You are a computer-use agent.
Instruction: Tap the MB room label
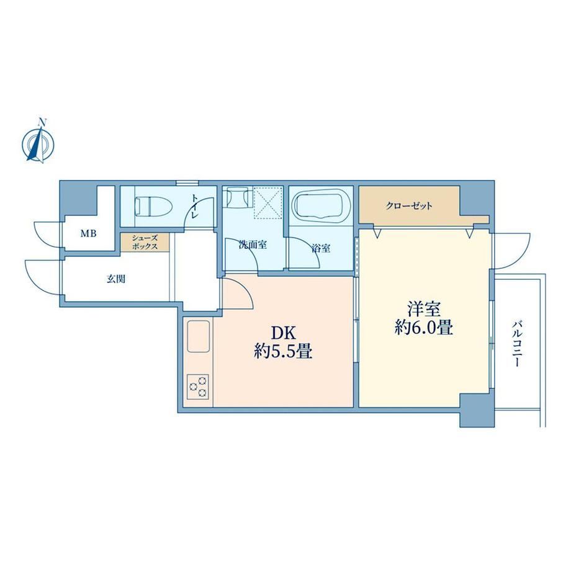(89, 233)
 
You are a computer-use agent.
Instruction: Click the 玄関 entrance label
(116, 279)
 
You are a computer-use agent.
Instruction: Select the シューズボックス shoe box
(145, 242)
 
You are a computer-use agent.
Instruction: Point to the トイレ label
(195, 206)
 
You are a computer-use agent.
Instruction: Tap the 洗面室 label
(253, 245)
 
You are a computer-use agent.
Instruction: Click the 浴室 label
(321, 248)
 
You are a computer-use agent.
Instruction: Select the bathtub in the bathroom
(321, 205)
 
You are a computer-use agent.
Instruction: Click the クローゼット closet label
(409, 206)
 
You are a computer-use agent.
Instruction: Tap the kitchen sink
(199, 336)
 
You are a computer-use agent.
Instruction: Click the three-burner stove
(198, 387)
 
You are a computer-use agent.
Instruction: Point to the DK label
(283, 333)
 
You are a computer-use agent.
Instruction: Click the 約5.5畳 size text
(283, 352)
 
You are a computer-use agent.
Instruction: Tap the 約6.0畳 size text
(424, 328)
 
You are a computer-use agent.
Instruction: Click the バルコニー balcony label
(517, 343)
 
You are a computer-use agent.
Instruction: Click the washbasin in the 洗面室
(236, 197)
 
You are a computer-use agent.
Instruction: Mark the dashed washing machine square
(268, 203)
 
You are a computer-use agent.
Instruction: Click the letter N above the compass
(43, 122)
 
